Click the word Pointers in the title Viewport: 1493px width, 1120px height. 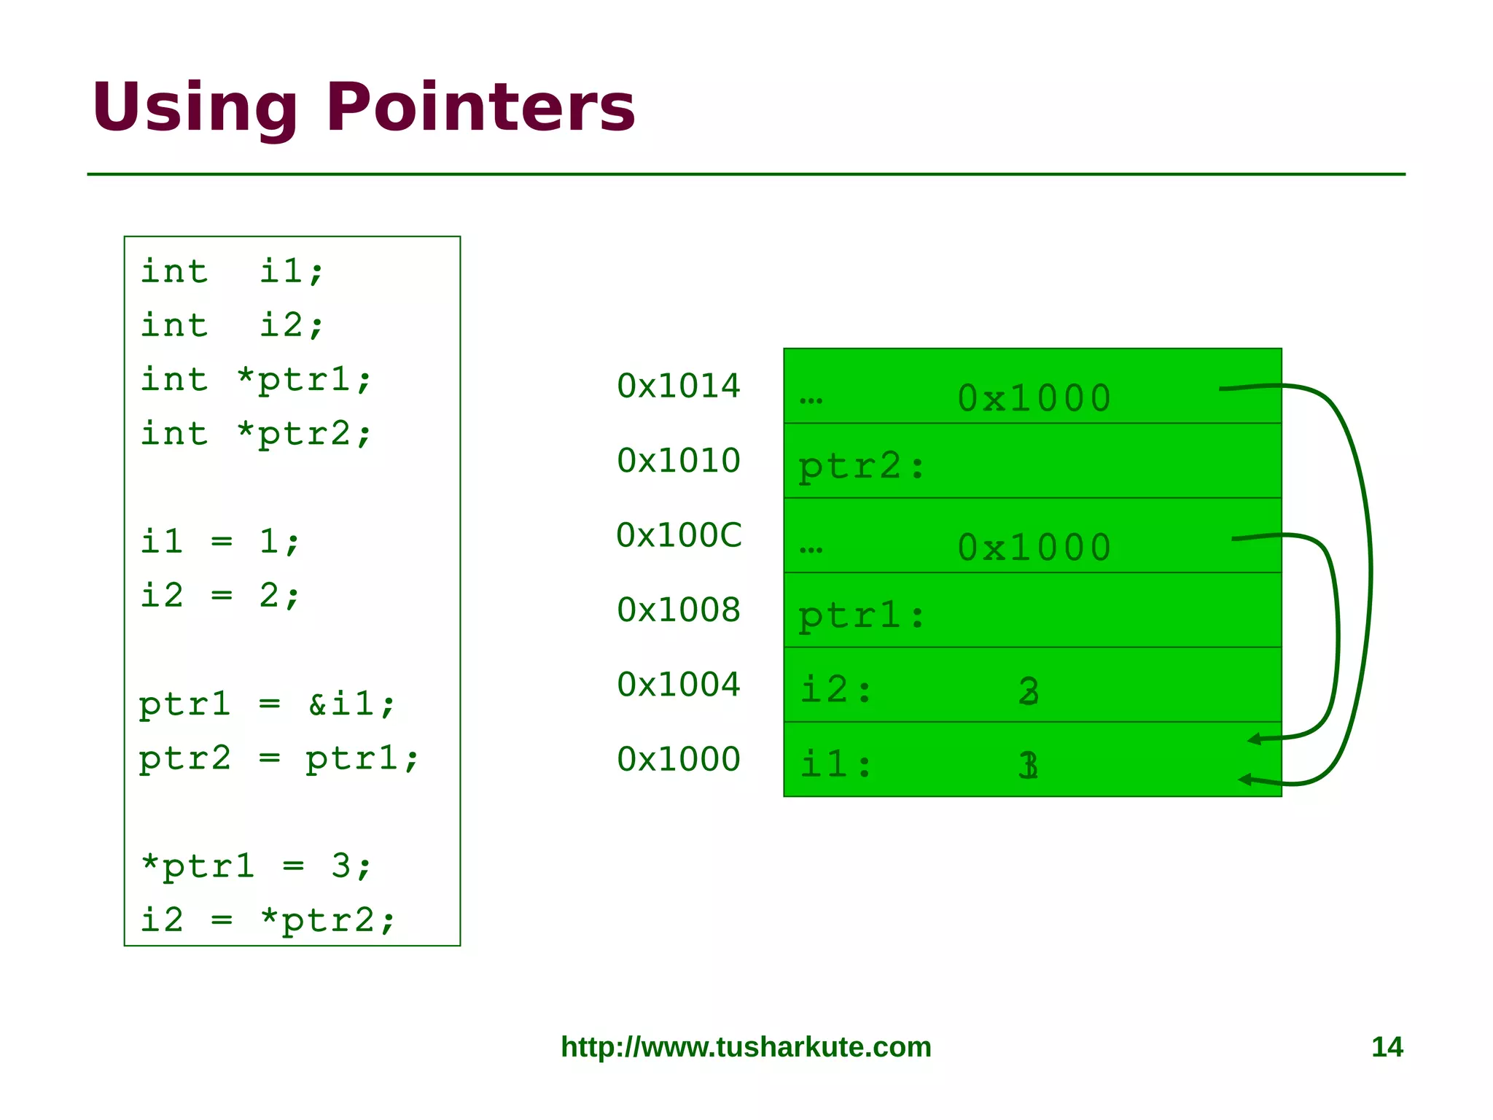coord(480,108)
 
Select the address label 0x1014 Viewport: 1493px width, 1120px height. coord(678,386)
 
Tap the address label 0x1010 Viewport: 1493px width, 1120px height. coord(678,461)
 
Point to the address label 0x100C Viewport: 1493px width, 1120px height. coord(679,535)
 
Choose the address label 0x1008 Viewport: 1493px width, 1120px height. coord(678,610)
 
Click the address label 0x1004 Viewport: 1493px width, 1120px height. coord(678,685)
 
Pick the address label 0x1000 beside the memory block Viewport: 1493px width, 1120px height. coord(678,760)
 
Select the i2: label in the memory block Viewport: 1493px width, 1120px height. coord(836,690)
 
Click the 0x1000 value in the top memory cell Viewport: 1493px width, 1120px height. coord(1034,399)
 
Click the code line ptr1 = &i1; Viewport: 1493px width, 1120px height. coord(267,704)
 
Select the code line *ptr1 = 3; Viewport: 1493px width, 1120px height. coord(256,866)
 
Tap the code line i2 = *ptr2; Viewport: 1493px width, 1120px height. coord(267,920)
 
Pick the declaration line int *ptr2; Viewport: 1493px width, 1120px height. coord(256,434)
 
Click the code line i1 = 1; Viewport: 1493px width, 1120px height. coord(219,542)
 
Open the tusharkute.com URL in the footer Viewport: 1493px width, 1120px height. coord(746,1047)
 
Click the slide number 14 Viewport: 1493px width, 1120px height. coord(1387,1047)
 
